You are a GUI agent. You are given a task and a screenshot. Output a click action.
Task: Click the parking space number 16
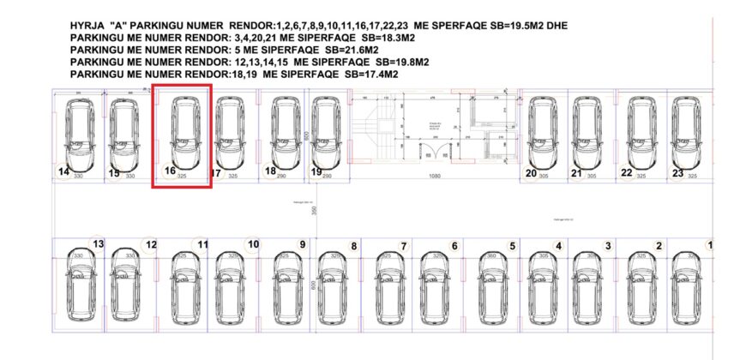(x=170, y=171)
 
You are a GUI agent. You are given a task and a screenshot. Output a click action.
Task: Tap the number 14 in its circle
(x=63, y=171)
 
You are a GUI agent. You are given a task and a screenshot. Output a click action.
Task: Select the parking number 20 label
(x=531, y=173)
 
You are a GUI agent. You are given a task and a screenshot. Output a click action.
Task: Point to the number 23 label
(x=677, y=173)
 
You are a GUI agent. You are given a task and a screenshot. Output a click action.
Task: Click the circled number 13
(x=98, y=244)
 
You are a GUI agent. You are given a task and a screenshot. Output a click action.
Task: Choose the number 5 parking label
(x=513, y=247)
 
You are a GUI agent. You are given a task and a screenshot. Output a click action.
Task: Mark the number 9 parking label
(x=302, y=244)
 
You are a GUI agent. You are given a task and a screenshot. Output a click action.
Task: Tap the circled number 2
(x=659, y=247)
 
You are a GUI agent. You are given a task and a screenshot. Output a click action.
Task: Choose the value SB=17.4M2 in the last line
(x=371, y=75)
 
